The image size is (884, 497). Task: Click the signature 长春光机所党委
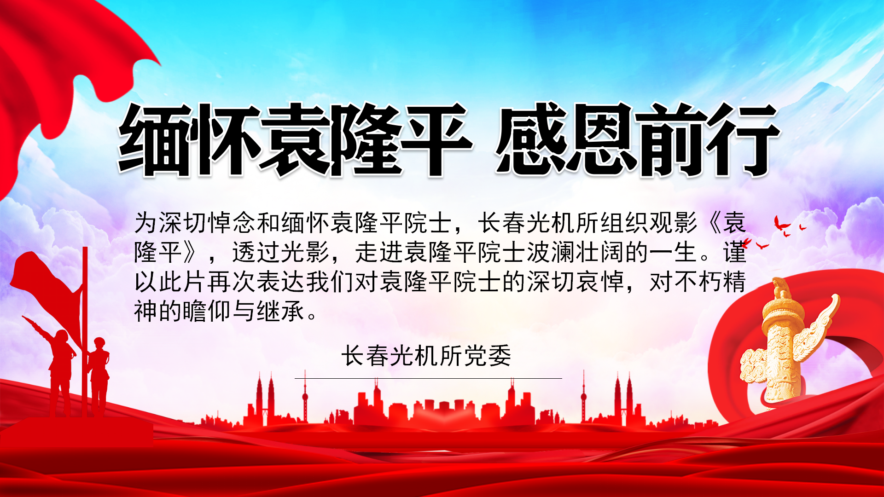[426, 356]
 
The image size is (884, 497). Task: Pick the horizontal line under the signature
[428, 378]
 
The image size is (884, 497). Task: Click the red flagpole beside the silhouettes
[85, 331]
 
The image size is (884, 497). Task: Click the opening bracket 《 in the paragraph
[711, 223]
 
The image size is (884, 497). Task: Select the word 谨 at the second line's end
[734, 252]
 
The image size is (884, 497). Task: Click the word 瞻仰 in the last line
[207, 311]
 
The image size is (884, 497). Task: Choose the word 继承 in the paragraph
[280, 311]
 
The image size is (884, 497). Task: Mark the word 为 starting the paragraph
[146, 223]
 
